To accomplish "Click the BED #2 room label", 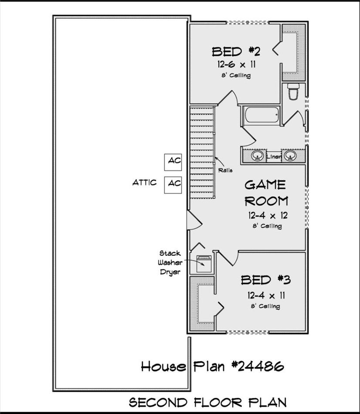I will tap(236, 52).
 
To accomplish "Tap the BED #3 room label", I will tap(262, 280).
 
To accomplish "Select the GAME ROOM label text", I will tap(265, 193).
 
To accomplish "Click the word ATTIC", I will tap(144, 183).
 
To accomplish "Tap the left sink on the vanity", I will tap(258, 156).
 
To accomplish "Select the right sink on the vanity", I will tap(289, 156).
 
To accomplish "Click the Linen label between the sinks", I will tap(274, 156).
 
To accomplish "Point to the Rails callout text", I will tap(225, 170).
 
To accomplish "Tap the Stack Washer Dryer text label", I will tap(170, 262).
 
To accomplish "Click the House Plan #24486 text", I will tap(212, 366).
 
